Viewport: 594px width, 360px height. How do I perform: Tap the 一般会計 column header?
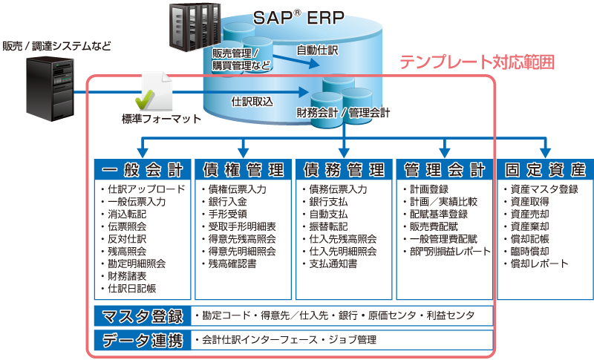pos(142,169)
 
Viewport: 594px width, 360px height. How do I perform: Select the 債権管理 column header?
pos(243,169)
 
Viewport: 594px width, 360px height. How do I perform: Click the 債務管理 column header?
pos(344,169)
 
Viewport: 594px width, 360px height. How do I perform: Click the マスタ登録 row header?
pos(141,316)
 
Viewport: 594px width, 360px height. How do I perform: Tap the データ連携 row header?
pos(141,341)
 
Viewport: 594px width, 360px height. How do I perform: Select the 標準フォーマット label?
pos(161,118)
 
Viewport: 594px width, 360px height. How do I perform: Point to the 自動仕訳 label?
pos(317,50)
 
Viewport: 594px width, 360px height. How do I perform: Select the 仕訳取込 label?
pos(252,102)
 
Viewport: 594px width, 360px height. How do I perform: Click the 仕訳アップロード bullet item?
pos(145,189)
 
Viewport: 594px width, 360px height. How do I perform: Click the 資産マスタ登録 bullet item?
pos(544,189)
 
